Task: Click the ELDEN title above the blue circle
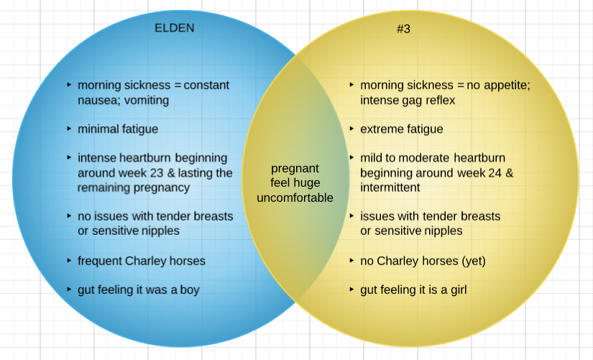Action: coord(175,28)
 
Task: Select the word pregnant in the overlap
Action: coord(295,169)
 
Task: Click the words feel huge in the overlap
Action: coord(295,183)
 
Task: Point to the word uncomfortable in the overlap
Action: coord(295,198)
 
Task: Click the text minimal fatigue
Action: coord(118,129)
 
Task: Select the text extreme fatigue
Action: coord(401,129)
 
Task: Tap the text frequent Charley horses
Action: coord(142,261)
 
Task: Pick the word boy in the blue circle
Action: coord(189,290)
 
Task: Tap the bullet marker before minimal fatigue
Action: coord(69,129)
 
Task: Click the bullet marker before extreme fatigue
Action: coord(351,129)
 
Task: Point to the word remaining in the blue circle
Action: coord(104,188)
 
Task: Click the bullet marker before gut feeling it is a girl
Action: coord(351,290)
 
